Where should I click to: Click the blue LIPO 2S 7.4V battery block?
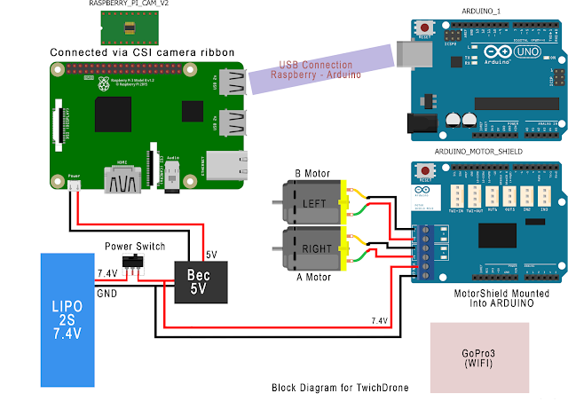67,319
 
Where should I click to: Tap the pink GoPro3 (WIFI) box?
480,358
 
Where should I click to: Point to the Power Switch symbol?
135,262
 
